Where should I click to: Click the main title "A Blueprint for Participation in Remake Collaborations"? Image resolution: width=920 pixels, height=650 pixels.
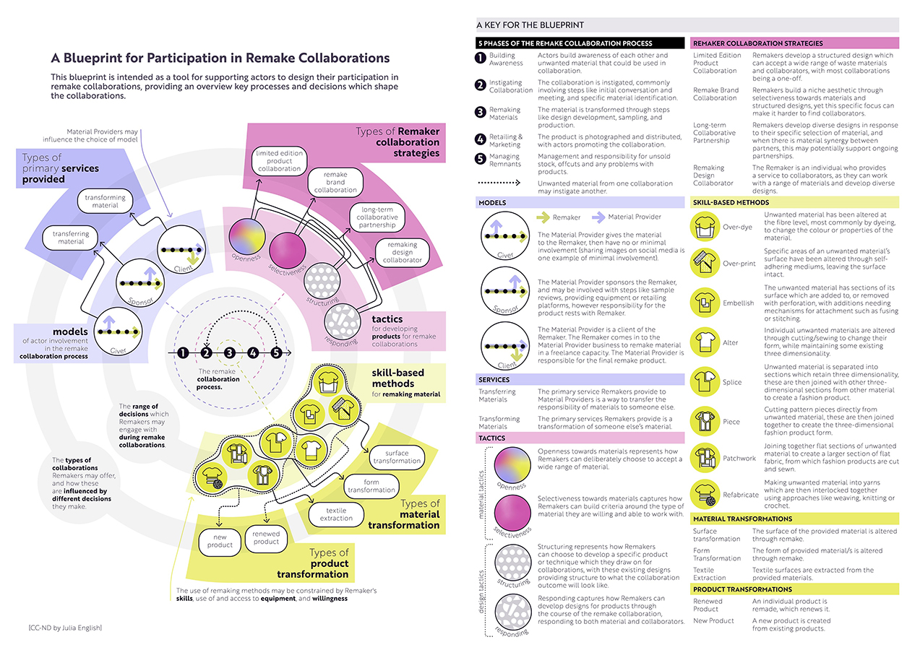coord(220,58)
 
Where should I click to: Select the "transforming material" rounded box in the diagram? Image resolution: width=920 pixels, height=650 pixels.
coord(106,201)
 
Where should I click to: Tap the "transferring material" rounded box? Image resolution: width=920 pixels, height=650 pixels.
coord(71,238)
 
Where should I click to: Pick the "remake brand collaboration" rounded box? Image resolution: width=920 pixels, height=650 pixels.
coord(335,182)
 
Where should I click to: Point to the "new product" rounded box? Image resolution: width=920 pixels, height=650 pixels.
coord(220,540)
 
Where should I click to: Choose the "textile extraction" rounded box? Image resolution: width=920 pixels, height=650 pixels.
coord(336,513)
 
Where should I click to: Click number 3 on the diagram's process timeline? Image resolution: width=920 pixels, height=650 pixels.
coord(229,353)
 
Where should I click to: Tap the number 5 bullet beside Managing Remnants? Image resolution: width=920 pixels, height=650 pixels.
coord(480,157)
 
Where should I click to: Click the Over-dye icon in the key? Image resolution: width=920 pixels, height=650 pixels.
coord(705,227)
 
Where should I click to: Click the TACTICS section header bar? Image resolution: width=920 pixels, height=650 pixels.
coord(579,438)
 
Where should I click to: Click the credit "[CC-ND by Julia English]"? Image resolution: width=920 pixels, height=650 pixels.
coord(61,628)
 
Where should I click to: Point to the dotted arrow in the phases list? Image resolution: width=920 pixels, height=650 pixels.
coord(504,183)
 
